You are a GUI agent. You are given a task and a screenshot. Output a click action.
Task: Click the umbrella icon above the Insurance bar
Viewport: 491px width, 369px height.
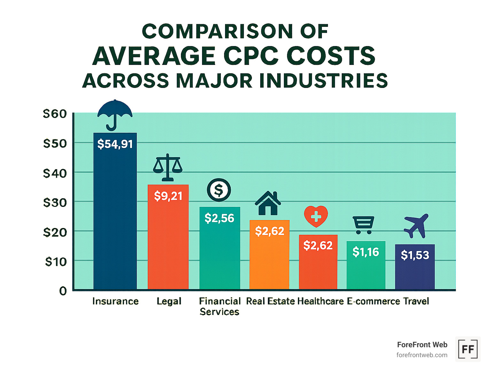[x=115, y=114]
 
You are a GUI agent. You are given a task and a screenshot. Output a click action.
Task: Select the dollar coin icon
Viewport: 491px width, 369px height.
[x=219, y=190]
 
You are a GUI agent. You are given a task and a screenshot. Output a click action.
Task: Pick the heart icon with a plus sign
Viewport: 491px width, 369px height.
[x=316, y=216]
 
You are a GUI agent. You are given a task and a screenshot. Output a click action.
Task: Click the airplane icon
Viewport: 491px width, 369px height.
[x=416, y=226]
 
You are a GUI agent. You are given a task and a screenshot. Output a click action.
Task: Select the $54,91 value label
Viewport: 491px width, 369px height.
[x=115, y=144]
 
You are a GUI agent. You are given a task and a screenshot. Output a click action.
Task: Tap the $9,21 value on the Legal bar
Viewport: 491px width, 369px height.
[x=168, y=196]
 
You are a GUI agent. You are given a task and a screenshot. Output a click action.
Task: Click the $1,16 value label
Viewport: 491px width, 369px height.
[x=366, y=252]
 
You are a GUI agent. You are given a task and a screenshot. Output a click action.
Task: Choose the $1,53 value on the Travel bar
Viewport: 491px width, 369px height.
[x=415, y=255]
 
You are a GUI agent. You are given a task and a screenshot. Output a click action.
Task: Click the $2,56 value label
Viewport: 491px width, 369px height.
[x=219, y=218]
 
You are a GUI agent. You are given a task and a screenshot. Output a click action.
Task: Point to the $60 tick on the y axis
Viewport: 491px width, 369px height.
[x=55, y=114]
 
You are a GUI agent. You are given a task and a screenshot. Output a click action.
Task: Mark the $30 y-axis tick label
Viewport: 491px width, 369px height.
[x=55, y=203]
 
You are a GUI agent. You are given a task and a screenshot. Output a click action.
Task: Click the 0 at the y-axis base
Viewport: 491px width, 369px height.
[x=63, y=291]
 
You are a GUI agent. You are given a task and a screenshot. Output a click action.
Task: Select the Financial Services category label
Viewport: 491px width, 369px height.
[x=220, y=306]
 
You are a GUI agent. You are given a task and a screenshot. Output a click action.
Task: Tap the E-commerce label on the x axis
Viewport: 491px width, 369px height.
[x=373, y=301]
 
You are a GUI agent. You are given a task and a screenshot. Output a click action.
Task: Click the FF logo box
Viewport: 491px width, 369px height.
[x=468, y=349]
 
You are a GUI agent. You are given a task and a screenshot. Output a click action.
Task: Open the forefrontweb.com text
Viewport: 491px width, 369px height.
[x=422, y=355]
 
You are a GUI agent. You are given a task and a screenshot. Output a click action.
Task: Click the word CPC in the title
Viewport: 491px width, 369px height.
[x=250, y=56]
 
